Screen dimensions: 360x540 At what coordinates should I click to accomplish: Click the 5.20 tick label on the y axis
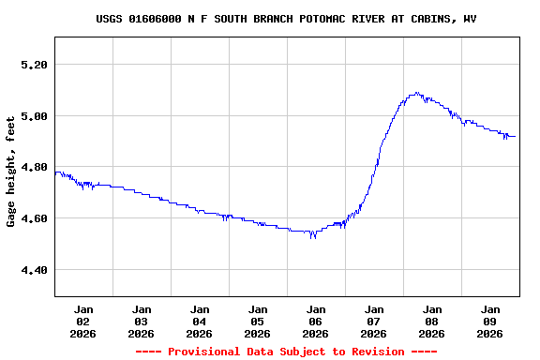point(33,65)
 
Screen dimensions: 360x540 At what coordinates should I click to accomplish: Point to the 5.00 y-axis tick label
point(33,116)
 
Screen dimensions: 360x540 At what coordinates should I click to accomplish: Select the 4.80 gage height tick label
point(33,168)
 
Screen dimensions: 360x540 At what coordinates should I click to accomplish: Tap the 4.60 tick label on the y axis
point(33,218)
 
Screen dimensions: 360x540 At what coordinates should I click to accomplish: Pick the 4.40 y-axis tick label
point(33,270)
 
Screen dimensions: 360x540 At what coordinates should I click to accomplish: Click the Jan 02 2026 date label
point(83,321)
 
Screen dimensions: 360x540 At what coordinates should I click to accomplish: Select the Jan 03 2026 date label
point(142,321)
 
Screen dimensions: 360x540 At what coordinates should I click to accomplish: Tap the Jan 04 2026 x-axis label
point(200,321)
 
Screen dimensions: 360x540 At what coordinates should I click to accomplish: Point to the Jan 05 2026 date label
point(258,321)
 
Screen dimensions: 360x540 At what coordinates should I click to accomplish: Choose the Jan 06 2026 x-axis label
point(316,321)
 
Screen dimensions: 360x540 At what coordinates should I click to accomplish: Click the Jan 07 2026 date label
point(374,321)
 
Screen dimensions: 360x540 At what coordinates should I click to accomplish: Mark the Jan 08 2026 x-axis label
point(432,321)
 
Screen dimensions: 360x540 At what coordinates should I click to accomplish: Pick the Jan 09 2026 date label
point(490,321)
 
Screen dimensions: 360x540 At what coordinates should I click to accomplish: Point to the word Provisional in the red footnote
point(205,352)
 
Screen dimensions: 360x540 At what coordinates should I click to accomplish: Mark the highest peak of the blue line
point(416,93)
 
